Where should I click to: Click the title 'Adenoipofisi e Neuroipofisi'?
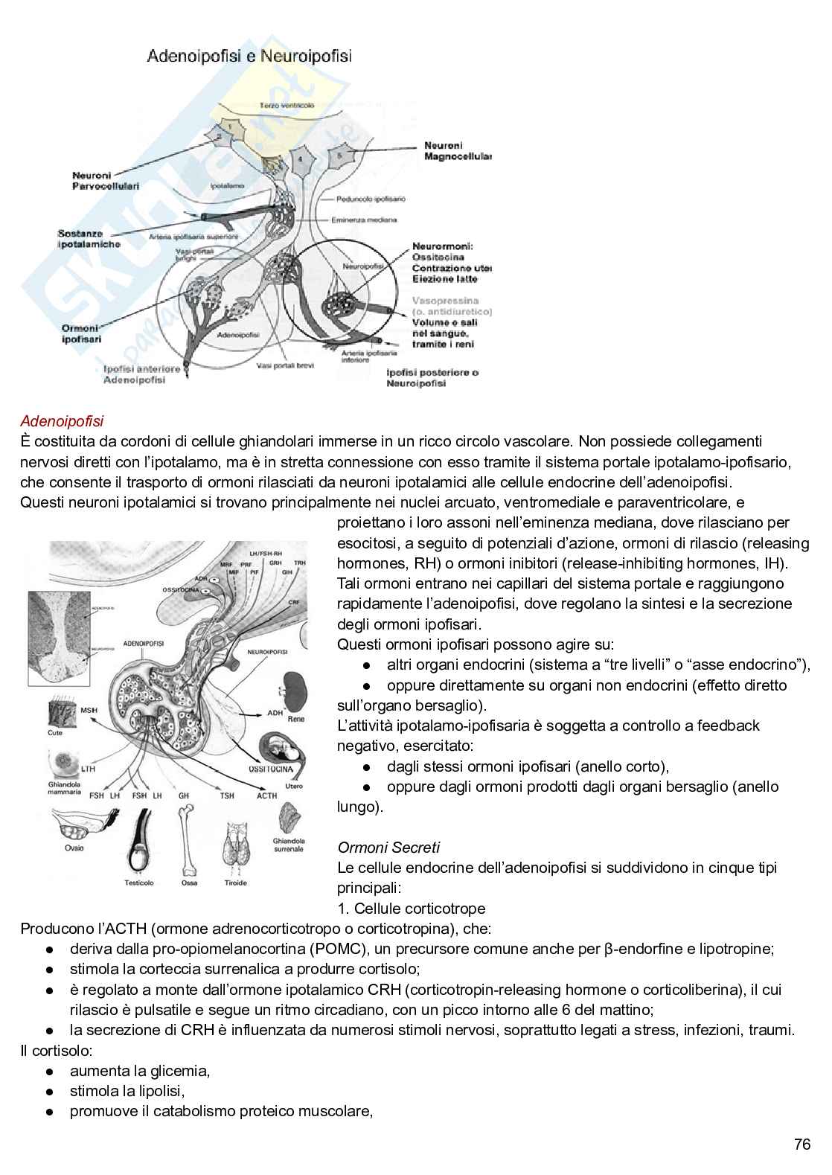(x=249, y=56)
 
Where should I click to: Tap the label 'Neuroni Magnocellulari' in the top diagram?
(x=457, y=151)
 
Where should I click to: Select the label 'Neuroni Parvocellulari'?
(x=102, y=180)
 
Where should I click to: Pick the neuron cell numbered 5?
(x=341, y=156)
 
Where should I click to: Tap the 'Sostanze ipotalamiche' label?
(x=89, y=238)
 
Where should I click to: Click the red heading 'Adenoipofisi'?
(x=63, y=423)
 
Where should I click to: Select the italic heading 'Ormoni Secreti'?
(x=388, y=847)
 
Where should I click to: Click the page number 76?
(x=802, y=1144)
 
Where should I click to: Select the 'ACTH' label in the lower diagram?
(x=266, y=795)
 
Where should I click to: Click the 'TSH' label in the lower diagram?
(x=226, y=795)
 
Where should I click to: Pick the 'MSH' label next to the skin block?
(x=89, y=711)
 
